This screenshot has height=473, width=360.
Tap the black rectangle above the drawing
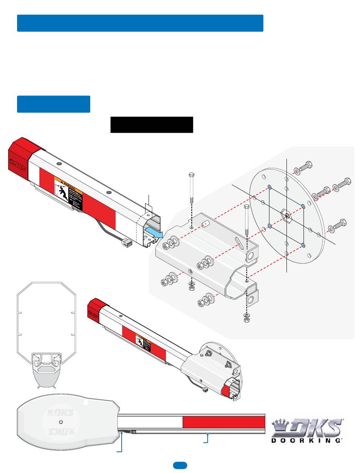(152, 125)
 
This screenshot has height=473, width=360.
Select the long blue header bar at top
(140, 23)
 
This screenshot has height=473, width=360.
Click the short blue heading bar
(53, 104)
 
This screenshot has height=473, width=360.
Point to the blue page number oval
(180, 465)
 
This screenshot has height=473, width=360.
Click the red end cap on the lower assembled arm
(94, 310)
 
